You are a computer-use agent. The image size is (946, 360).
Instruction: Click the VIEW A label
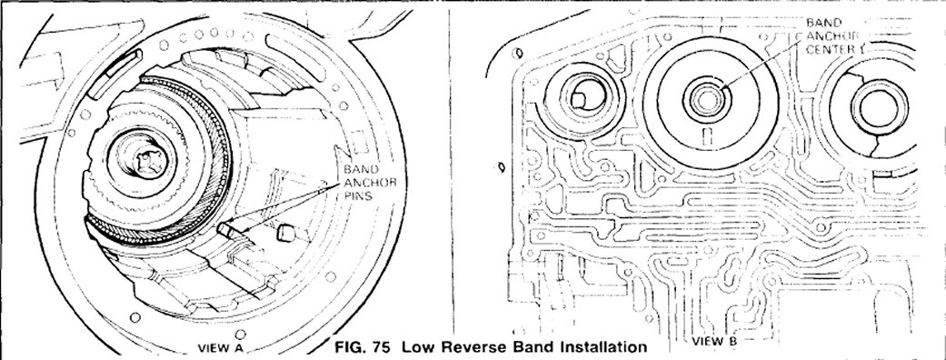point(222,348)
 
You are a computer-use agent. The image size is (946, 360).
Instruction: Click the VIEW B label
point(714,341)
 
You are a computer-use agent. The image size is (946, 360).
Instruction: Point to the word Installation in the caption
point(603,347)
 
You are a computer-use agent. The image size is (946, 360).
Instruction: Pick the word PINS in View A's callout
point(358,195)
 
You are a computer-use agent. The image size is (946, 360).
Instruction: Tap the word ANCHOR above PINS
point(369,182)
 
